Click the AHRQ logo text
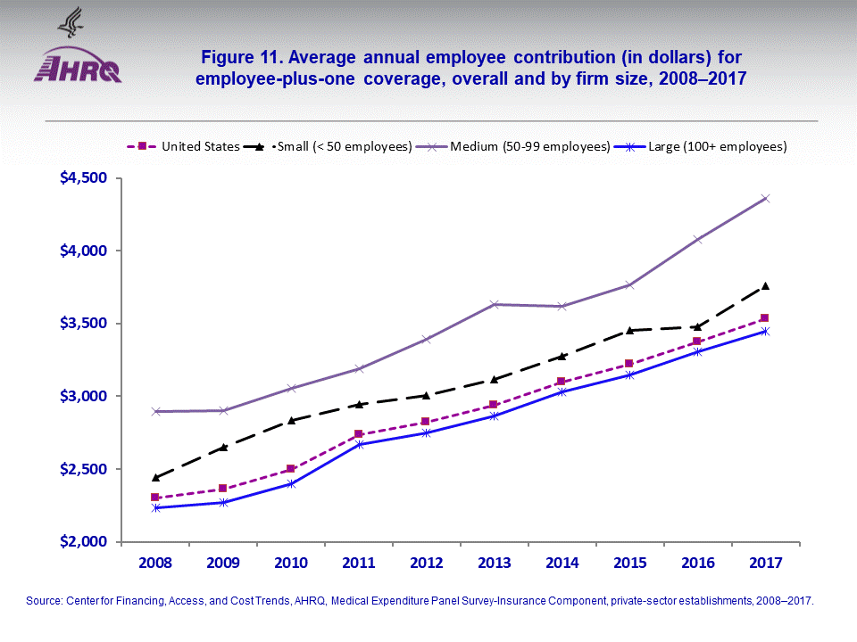78,69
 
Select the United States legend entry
186,146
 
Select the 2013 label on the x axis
494,564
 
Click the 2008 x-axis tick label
155,564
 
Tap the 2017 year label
765,564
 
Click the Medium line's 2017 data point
765,198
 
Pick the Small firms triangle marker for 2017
765,285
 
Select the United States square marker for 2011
359,434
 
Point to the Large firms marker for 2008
155,507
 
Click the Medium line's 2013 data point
494,304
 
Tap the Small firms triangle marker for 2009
223,447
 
